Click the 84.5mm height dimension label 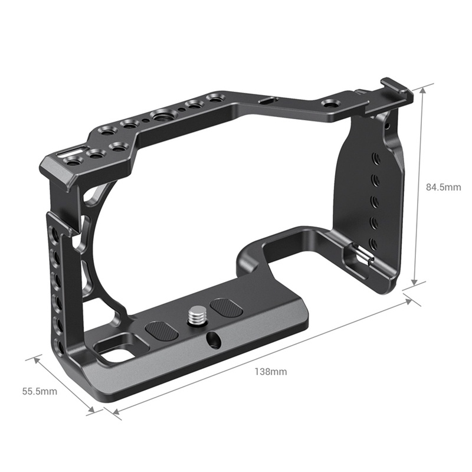[443, 187]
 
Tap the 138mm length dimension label [271, 372]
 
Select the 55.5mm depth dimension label [40, 391]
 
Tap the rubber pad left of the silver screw [162, 332]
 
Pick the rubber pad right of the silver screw [227, 307]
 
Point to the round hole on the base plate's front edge [214, 340]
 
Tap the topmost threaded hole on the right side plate [375, 158]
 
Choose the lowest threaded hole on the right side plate [374, 243]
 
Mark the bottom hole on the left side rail [60, 348]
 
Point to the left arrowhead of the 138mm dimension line [116, 411]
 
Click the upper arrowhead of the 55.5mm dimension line [37, 360]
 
